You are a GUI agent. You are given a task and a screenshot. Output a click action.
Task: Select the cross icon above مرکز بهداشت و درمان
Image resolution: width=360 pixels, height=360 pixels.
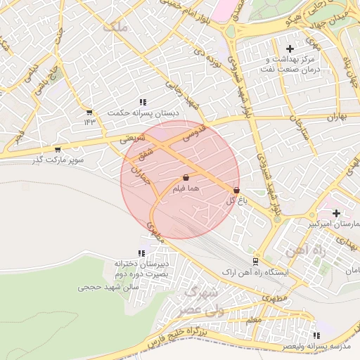290,48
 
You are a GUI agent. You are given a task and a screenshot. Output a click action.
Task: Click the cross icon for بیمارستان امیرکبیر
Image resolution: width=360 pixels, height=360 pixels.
336,213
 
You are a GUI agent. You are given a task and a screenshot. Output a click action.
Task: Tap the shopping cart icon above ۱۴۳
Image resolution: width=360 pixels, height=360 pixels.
89,112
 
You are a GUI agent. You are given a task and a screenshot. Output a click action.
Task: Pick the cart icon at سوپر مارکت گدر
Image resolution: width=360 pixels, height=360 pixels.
58,149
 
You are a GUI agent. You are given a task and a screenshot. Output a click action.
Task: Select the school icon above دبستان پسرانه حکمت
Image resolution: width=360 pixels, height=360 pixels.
143,102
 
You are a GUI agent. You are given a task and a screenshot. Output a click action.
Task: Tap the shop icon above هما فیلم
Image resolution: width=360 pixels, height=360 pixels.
186,179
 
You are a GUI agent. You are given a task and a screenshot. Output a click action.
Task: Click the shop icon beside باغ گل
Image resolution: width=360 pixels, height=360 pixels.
236,190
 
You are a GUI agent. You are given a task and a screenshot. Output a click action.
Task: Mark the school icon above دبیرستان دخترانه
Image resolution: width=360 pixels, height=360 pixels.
142,253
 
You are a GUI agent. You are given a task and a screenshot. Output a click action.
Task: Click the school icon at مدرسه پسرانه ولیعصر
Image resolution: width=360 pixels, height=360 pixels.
316,336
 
